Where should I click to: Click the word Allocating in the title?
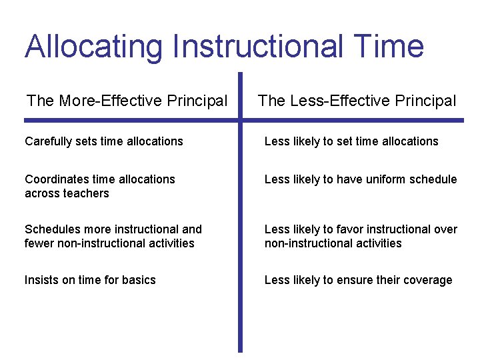pos(93,47)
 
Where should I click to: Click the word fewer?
pos(39,243)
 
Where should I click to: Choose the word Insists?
pos(41,280)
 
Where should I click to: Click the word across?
pos(41,193)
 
